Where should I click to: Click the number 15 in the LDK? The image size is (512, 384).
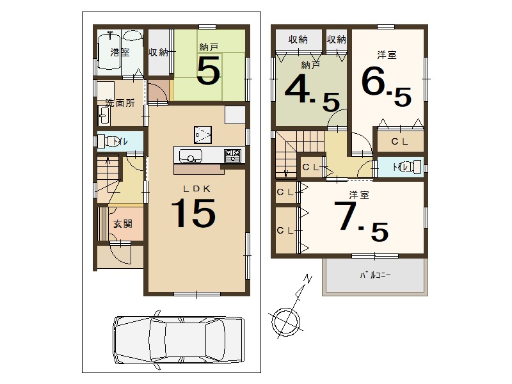[x=192, y=213]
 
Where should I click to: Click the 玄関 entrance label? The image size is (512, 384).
[x=122, y=224]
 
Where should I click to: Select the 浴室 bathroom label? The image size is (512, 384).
[x=120, y=52]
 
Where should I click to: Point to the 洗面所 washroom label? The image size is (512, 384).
[x=120, y=102]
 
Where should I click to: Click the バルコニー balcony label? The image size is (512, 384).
[x=376, y=275]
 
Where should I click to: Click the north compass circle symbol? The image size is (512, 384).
[x=284, y=321]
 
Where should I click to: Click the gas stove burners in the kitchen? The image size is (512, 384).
[x=232, y=156]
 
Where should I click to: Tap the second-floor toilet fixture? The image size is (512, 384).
[x=413, y=167]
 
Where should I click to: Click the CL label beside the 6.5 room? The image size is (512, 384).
[x=400, y=142]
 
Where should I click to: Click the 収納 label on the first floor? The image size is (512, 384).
[x=158, y=52]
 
